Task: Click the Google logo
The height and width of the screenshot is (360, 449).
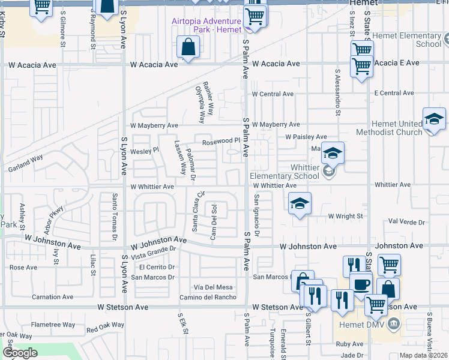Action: (x=19, y=353)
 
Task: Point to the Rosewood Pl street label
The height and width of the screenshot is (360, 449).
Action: (x=220, y=142)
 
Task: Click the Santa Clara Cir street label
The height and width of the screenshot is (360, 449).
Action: (x=195, y=211)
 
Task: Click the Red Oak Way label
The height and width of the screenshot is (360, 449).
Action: (x=104, y=329)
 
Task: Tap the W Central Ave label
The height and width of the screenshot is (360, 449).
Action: (x=273, y=94)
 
